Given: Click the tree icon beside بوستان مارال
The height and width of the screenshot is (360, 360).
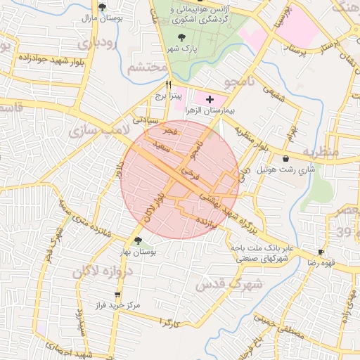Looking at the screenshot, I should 103,7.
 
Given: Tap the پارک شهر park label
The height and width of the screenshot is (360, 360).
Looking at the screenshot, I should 180,49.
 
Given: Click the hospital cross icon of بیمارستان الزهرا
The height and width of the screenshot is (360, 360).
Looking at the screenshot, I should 210,100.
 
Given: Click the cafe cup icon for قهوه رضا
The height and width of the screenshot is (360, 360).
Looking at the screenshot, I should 321,252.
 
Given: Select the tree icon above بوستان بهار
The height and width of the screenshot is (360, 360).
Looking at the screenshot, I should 138,240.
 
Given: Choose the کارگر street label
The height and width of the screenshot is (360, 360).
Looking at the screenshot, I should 171,323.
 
